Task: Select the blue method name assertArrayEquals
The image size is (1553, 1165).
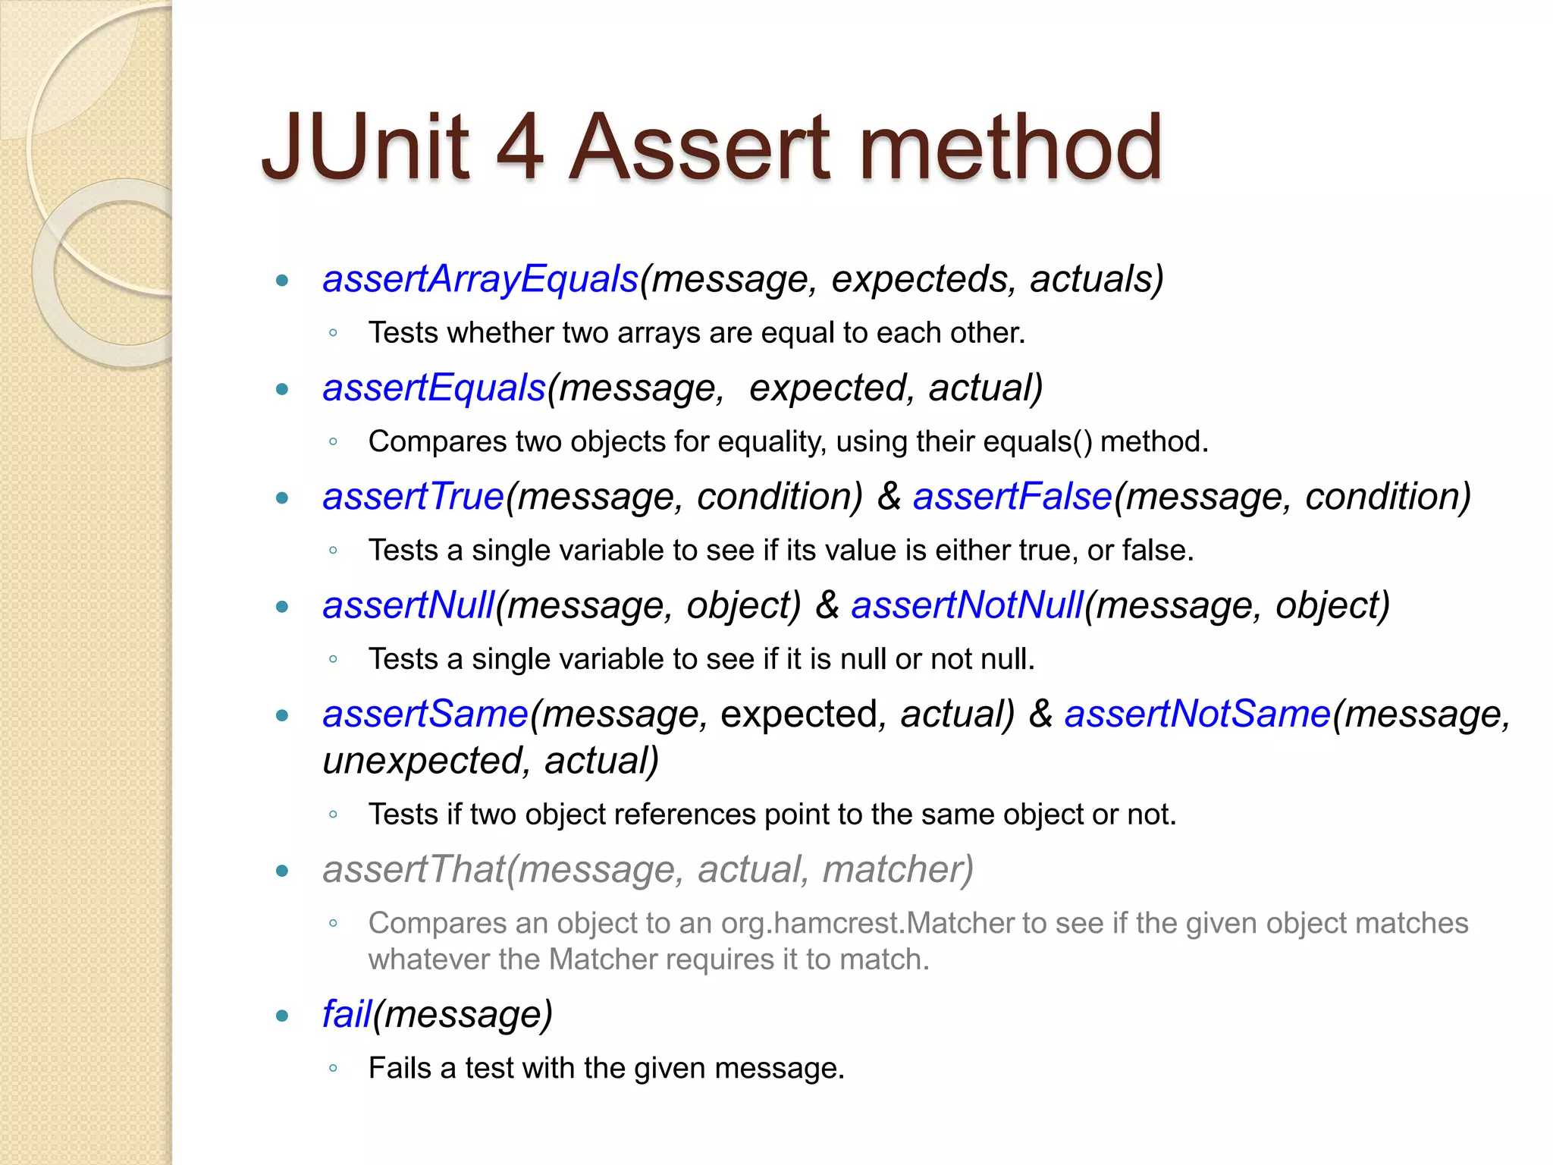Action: (x=481, y=279)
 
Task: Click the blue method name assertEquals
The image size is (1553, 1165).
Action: (x=435, y=388)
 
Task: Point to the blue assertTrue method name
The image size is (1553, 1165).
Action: (x=413, y=497)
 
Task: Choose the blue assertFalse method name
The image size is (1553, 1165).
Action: (x=1012, y=497)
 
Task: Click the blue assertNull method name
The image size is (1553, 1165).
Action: (x=409, y=606)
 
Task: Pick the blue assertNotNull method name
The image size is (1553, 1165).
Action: (x=967, y=606)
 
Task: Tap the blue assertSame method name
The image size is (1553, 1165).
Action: (x=425, y=714)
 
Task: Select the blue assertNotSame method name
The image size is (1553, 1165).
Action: (x=1197, y=714)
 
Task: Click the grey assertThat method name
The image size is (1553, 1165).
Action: (x=414, y=869)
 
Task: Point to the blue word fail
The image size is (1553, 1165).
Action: (x=347, y=1015)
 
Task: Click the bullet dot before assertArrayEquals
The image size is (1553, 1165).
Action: (x=283, y=281)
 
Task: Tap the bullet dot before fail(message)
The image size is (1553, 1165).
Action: (x=283, y=1016)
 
